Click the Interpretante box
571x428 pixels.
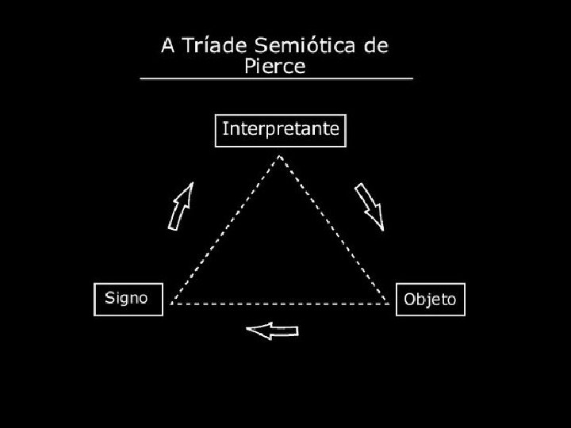click(281, 131)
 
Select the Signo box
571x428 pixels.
click(128, 299)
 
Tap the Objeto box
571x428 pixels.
click(430, 299)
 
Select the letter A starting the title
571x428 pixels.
click(169, 45)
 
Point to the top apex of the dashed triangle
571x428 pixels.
click(280, 156)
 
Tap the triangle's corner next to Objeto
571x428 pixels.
click(389, 303)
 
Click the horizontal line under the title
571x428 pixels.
click(276, 79)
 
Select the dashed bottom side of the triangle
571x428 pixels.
click(280, 304)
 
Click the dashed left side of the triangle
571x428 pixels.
click(226, 230)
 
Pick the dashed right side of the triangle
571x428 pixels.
click(334, 230)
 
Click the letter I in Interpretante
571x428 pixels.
click(225, 128)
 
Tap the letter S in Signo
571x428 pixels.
click(112, 298)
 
